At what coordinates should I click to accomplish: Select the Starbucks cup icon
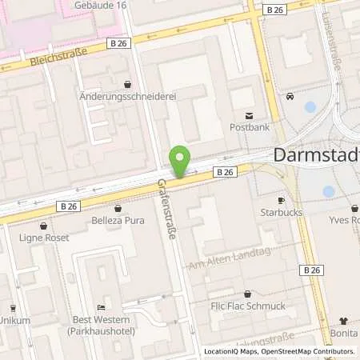point(282,200)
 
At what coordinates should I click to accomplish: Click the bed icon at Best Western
point(101,307)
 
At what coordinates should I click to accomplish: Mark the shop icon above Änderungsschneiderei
point(128,83)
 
